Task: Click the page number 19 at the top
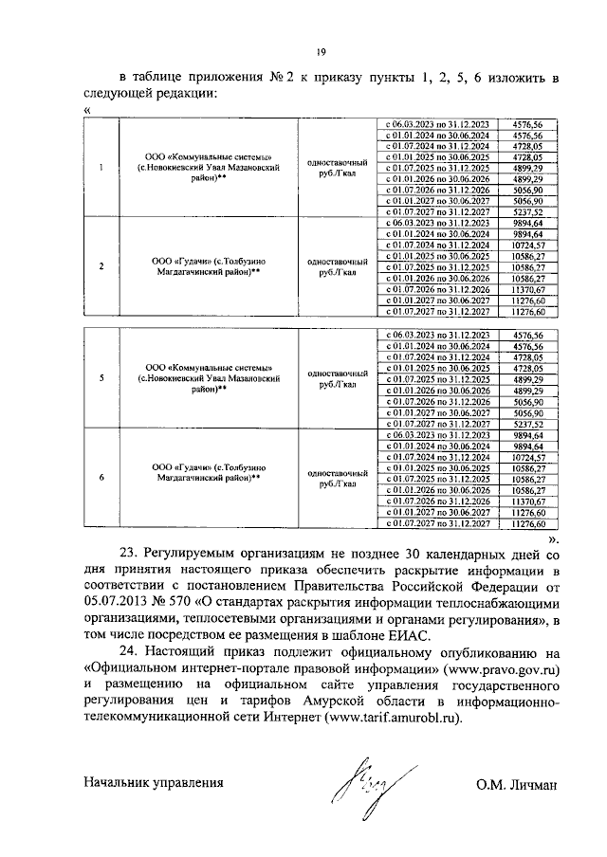click(322, 52)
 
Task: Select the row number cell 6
click(101, 479)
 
